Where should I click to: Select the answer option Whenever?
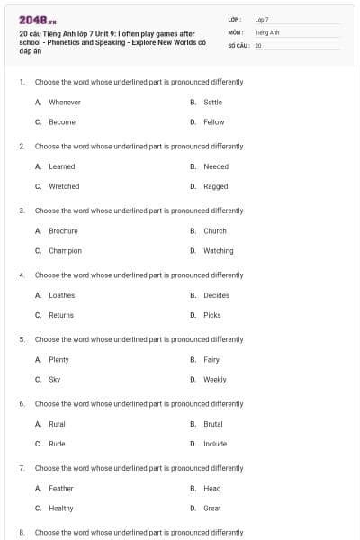[x=64, y=103]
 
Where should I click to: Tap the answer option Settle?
[x=212, y=103]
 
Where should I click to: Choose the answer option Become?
[x=62, y=122]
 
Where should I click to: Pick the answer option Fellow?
[x=213, y=122]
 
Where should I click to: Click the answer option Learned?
[x=62, y=166]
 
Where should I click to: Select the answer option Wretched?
[x=64, y=186]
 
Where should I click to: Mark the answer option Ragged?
[x=215, y=186]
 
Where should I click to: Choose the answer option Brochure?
[x=63, y=230]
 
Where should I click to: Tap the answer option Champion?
[x=65, y=250]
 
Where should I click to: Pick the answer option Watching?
[x=218, y=250]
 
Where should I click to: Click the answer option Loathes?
[x=62, y=295]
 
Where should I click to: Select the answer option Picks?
[x=211, y=315]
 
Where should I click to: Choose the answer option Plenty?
[x=58, y=360]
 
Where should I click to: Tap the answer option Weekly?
[x=214, y=380]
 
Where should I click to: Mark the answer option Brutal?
[x=212, y=424]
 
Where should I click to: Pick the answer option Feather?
[x=61, y=489]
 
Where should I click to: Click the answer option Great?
[x=211, y=508]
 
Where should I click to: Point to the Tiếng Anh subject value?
[x=268, y=31]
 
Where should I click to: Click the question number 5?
[x=22, y=339]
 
